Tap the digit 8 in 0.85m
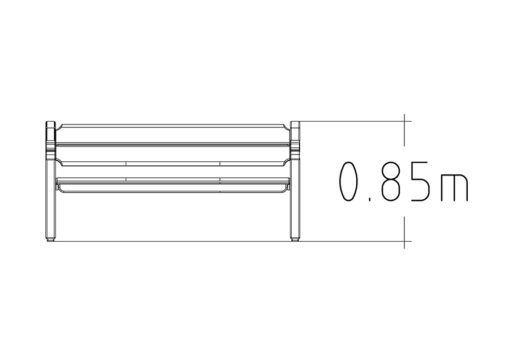[x=390, y=182]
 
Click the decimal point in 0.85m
[x=369, y=200]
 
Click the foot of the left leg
[x=50, y=239]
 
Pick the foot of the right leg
[x=295, y=239]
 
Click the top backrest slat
[x=172, y=133]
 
